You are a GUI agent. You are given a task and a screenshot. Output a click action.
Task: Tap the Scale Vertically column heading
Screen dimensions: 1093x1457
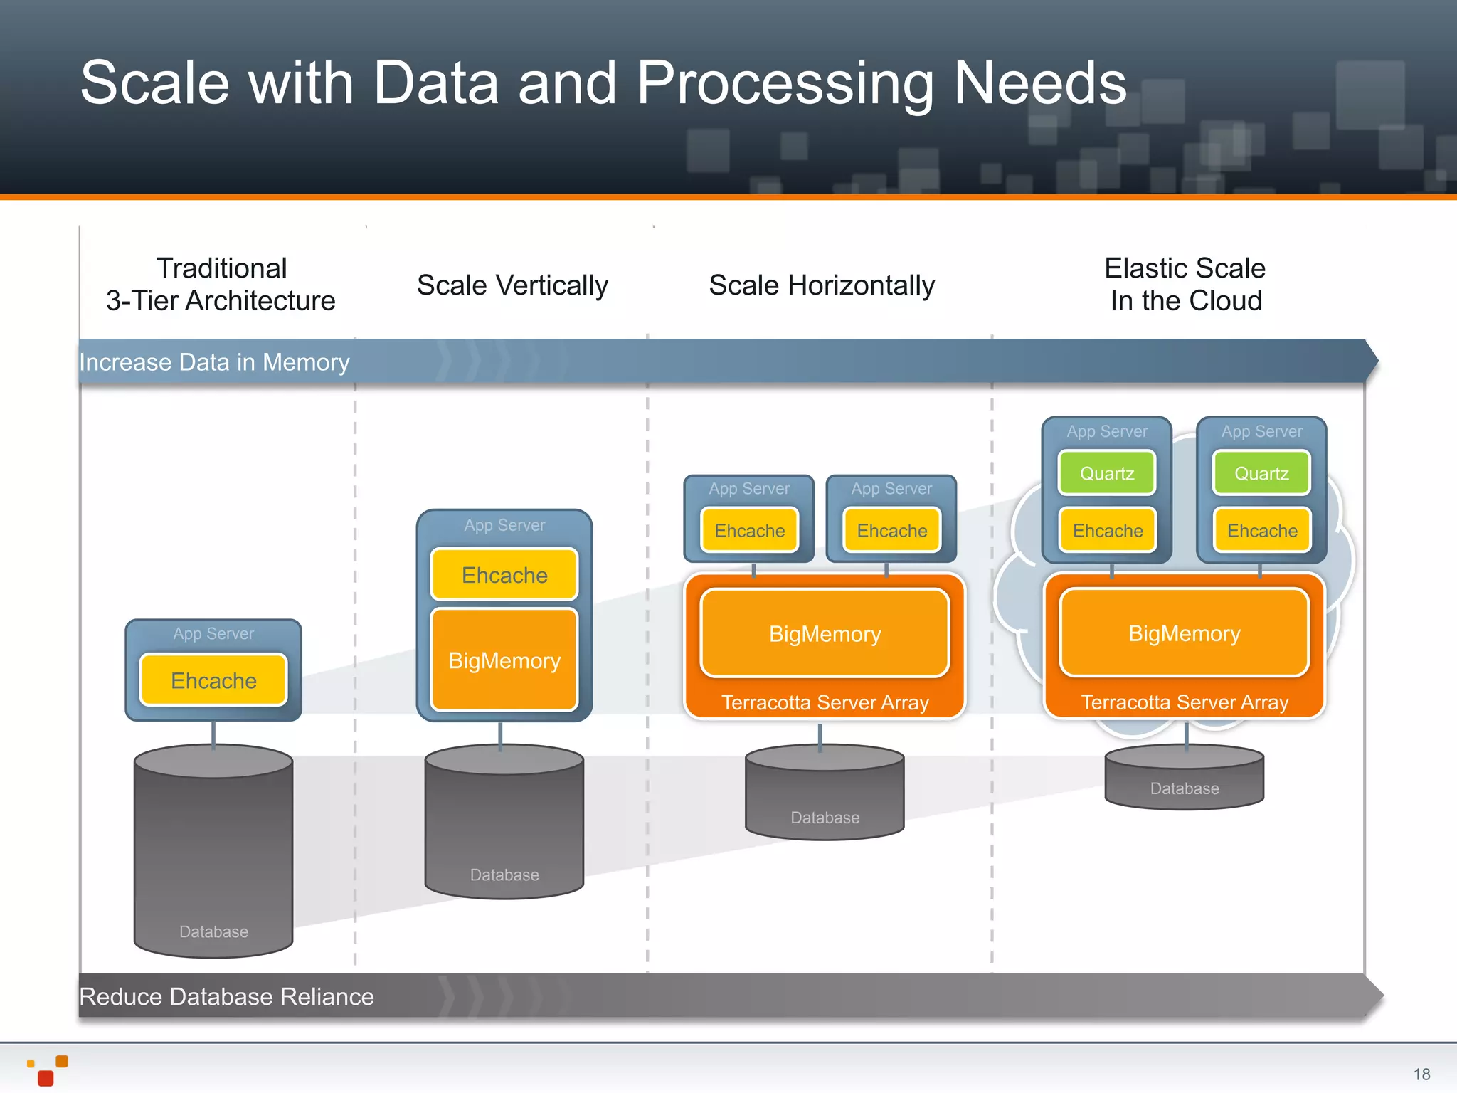[512, 285]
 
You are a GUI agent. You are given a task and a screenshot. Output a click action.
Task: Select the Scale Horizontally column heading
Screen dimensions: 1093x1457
[822, 285]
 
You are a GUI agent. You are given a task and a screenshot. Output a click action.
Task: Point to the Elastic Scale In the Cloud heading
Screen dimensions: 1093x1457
[1185, 284]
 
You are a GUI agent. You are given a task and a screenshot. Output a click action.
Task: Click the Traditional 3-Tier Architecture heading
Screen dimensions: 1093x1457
[221, 284]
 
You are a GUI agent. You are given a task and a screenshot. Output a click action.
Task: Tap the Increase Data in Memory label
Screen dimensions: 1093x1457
[214, 362]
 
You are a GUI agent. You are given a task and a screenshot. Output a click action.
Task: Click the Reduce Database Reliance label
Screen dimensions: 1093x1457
[226, 996]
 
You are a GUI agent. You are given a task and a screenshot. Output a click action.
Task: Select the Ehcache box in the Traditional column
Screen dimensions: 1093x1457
[213, 680]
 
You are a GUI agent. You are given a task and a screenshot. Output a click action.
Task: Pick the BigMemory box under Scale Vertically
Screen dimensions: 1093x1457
[504, 660]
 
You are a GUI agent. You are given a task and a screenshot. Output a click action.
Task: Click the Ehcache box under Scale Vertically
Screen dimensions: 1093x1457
[504, 575]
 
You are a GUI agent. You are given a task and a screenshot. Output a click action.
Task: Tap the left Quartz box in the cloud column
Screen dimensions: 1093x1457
[1107, 473]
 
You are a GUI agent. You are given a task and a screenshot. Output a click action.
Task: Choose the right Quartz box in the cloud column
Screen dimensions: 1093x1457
[1261, 473]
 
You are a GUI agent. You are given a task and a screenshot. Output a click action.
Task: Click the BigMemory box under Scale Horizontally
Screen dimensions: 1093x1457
[825, 633]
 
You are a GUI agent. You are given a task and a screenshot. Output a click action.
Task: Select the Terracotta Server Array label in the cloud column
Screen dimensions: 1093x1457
[1185, 702]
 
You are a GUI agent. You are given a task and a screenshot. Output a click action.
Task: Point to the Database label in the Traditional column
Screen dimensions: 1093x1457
[213, 931]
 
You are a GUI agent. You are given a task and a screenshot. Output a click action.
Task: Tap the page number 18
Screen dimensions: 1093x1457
[1421, 1074]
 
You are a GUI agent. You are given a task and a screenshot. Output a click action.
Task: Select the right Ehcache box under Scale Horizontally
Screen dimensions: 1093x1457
[891, 531]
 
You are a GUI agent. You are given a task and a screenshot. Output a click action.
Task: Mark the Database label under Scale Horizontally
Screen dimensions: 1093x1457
[825, 818]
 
